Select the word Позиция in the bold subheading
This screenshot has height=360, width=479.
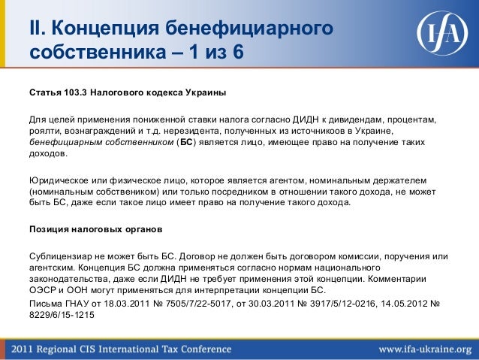(x=51, y=228)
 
